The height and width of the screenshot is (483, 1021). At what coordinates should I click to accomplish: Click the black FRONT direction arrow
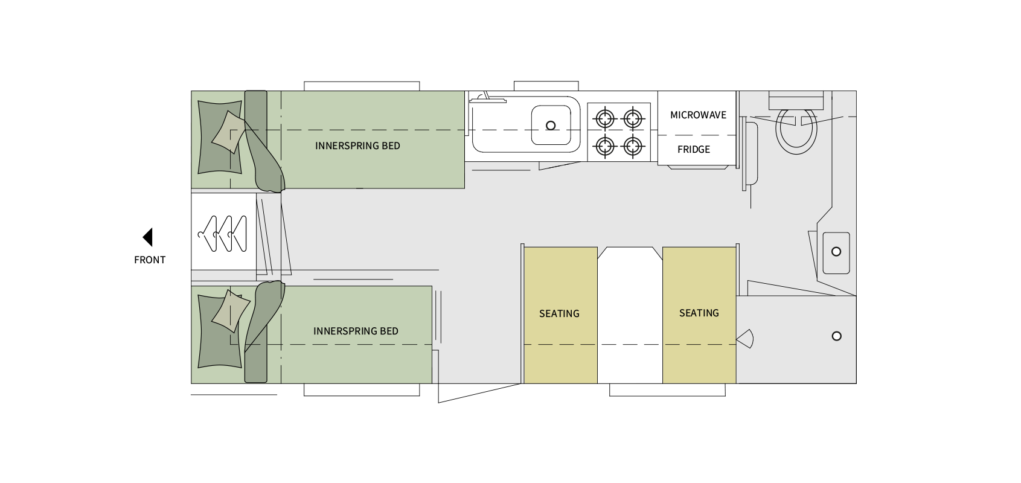tap(148, 237)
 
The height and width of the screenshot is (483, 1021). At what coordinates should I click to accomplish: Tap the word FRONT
tap(150, 260)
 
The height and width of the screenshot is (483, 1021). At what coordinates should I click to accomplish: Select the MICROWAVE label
tap(698, 115)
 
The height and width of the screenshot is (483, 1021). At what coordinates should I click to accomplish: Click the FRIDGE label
tap(694, 150)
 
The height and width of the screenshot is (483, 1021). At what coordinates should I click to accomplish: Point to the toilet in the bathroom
tap(796, 130)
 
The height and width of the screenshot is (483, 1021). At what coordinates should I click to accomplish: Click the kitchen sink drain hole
tap(551, 126)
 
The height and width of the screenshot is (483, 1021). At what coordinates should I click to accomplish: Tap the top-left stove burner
tap(605, 118)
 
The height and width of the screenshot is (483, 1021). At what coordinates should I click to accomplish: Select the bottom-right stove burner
tap(633, 146)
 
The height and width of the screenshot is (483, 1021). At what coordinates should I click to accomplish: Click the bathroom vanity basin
tap(836, 252)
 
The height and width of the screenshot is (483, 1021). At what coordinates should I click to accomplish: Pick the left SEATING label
tap(559, 314)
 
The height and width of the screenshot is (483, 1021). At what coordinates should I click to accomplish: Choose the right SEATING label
tap(699, 313)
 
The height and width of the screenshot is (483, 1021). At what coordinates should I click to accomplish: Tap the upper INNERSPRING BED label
tap(357, 146)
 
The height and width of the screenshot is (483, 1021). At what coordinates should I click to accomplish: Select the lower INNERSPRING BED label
tap(356, 331)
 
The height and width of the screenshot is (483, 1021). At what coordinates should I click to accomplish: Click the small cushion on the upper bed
tap(228, 132)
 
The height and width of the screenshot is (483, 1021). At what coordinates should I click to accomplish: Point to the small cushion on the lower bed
tap(230, 311)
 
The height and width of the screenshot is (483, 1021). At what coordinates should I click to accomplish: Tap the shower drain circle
tap(836, 336)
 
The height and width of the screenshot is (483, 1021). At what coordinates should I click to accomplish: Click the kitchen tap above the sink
tap(487, 98)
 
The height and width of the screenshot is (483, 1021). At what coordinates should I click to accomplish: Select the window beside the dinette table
tap(667, 391)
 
